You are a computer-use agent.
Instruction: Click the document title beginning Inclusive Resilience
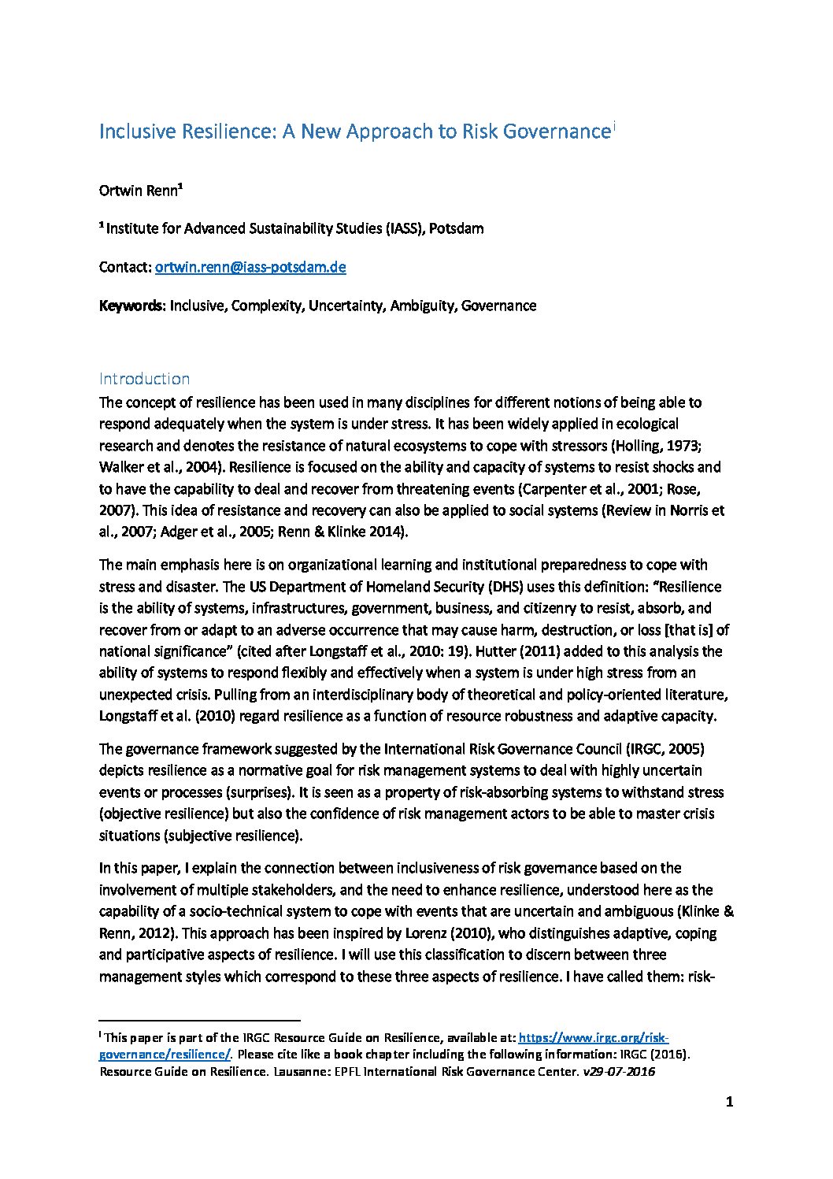tap(354, 131)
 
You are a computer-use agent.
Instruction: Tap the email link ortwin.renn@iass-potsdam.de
tap(250, 267)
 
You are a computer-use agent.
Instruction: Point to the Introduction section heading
tap(144, 379)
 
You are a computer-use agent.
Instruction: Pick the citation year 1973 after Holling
tap(683, 446)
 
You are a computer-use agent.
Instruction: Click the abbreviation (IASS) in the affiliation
tap(403, 228)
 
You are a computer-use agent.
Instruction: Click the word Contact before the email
tap(124, 267)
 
